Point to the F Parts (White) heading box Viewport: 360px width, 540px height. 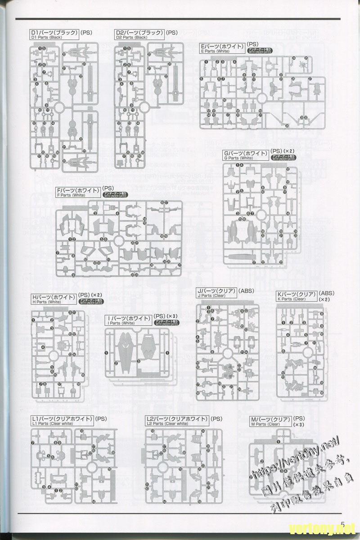coord(78,193)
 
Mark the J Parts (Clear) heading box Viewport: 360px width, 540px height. coord(216,293)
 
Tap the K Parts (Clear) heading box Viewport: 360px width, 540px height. coord(297,296)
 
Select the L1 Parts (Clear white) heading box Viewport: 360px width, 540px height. coord(62,421)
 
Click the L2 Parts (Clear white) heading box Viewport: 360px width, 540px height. coord(177,421)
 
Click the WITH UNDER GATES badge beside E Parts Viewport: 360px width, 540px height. coord(260,50)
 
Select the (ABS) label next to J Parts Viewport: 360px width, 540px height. coord(247,291)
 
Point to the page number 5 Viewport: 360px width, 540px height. coord(342,524)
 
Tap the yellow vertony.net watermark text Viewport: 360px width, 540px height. coord(319,527)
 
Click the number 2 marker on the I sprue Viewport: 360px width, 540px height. coord(116,363)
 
